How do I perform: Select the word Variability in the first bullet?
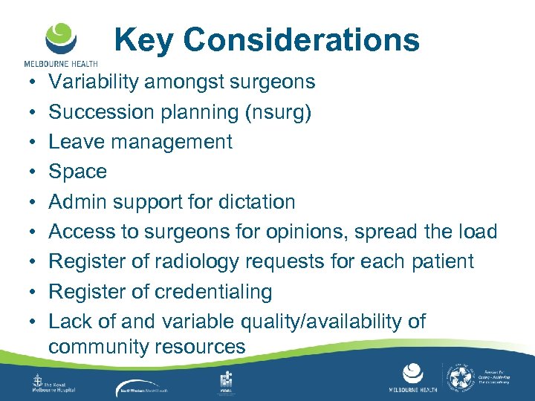click(x=94, y=82)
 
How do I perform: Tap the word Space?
click(x=78, y=172)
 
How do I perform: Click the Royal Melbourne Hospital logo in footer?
click(x=56, y=382)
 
